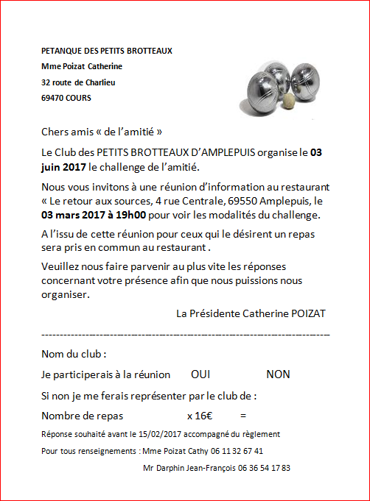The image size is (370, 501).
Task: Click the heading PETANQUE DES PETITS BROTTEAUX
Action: tap(107, 51)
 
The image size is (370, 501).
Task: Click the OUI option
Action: tap(200, 374)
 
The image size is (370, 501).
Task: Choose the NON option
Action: tap(278, 374)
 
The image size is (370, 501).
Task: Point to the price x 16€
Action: tap(200, 415)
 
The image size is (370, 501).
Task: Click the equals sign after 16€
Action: tap(243, 415)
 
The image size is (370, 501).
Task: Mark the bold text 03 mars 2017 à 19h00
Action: tap(88, 215)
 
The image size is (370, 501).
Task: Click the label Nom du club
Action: tap(74, 354)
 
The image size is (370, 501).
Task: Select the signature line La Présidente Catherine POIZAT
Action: tap(251, 313)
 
